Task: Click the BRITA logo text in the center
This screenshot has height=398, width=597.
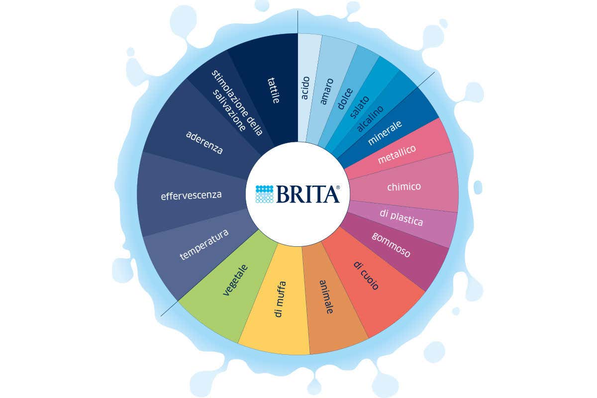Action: click(308, 194)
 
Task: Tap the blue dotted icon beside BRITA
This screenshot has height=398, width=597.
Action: click(265, 194)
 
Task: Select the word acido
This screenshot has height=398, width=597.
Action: click(305, 88)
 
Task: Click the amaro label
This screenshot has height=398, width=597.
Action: click(326, 91)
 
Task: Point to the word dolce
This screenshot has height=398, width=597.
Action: click(345, 99)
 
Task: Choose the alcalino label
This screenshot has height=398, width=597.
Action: click(370, 118)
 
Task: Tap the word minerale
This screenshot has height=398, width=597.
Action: click(385, 133)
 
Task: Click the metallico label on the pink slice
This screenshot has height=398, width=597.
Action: click(397, 154)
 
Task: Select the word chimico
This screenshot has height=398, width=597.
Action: click(404, 187)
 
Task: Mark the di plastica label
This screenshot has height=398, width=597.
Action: click(401, 217)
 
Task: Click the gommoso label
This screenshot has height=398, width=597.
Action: click(391, 244)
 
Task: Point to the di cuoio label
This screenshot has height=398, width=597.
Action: click(367, 275)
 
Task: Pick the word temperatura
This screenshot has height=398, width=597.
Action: click(204, 245)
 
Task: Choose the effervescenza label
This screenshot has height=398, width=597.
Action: click(191, 195)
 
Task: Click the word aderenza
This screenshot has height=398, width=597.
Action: click(204, 142)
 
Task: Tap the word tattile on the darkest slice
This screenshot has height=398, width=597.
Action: click(272, 90)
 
